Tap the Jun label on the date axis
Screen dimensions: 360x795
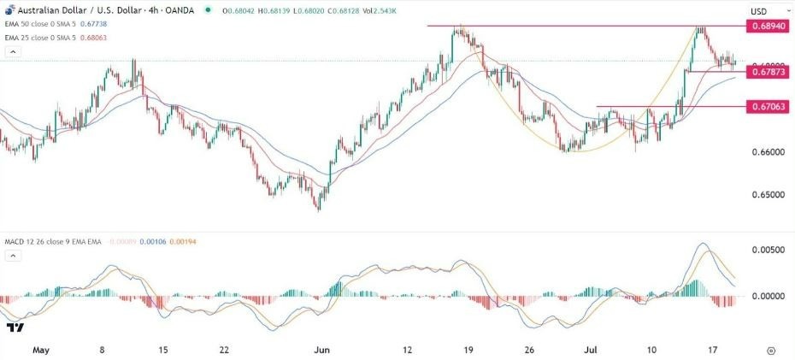pyautogui.click(x=322, y=350)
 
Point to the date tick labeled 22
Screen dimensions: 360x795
pyautogui.click(x=224, y=350)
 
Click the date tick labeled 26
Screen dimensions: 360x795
pyautogui.click(x=530, y=350)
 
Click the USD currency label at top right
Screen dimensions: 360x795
pyautogui.click(x=758, y=11)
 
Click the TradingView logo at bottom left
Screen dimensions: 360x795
pyautogui.click(x=15, y=328)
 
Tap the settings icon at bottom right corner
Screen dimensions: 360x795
pyautogui.click(x=771, y=350)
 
